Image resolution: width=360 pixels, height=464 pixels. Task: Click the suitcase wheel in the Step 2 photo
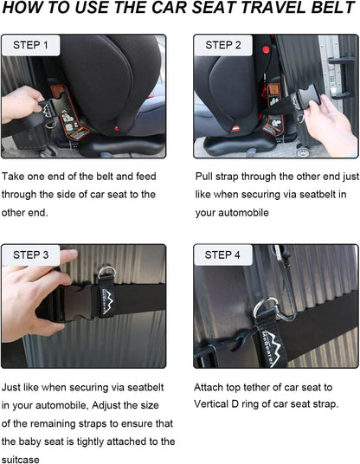click(x=303, y=151)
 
